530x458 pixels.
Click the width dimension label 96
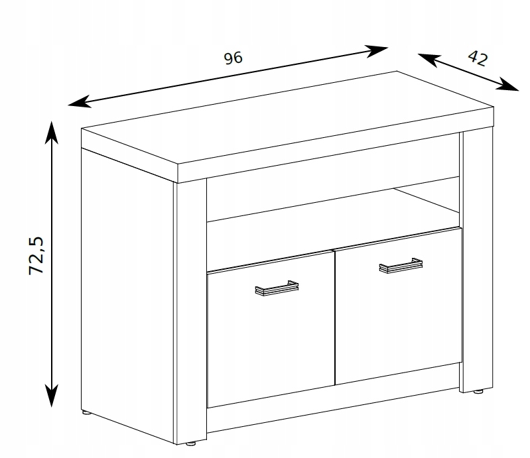pyautogui.click(x=233, y=58)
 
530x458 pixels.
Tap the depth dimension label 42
pyautogui.click(x=478, y=58)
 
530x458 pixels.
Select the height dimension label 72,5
pyautogui.click(x=36, y=256)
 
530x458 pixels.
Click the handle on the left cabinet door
pyautogui.click(x=277, y=288)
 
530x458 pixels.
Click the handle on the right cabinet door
pyautogui.click(x=401, y=266)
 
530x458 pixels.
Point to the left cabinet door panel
pyautogui.click(x=271, y=329)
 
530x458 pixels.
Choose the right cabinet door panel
pyautogui.click(x=398, y=306)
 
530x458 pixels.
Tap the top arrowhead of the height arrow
pyautogui.click(x=51, y=133)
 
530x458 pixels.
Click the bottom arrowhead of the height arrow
pyautogui.click(x=51, y=396)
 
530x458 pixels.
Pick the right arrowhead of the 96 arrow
pyautogui.click(x=377, y=51)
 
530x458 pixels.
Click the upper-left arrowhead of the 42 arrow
pyautogui.click(x=429, y=60)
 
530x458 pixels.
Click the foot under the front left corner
pyautogui.click(x=191, y=443)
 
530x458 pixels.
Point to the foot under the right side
pyautogui.click(x=478, y=392)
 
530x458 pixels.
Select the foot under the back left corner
pyautogui.click(x=86, y=412)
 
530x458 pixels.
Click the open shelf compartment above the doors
pyautogui.click(x=333, y=206)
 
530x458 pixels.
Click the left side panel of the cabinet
pyautogui.click(x=129, y=294)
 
